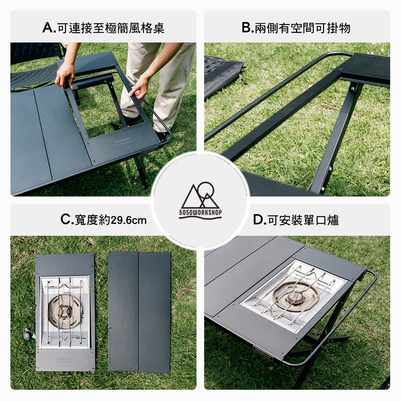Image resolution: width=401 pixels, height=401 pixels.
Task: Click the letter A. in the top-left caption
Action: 49,28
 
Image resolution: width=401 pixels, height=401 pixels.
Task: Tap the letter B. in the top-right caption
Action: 247,28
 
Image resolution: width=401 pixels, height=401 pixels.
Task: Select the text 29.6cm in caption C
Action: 129,220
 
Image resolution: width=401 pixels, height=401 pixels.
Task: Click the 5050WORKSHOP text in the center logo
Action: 200,212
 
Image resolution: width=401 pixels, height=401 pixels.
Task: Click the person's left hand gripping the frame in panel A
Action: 65,75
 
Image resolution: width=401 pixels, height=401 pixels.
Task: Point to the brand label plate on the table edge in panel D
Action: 263,353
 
